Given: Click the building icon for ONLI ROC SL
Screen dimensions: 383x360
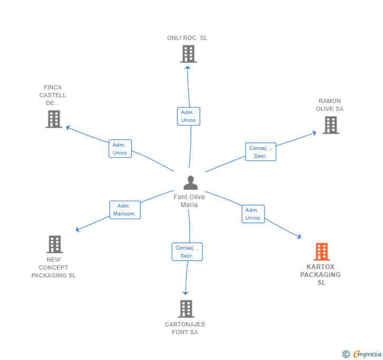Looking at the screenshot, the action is (188, 54).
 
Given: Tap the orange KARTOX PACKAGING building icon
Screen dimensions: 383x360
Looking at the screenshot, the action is (321, 252).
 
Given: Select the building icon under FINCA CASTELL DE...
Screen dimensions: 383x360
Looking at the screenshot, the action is (54, 119).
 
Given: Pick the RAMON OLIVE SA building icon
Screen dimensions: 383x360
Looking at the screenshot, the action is (331, 125).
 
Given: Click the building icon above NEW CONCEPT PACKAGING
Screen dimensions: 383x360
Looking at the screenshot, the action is (55, 244).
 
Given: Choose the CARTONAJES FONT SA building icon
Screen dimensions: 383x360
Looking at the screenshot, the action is (186, 308).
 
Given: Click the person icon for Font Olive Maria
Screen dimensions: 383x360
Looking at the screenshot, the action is (190, 182).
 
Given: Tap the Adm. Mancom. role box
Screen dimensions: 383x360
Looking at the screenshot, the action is (125, 210).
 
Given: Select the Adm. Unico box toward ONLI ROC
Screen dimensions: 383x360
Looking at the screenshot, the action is (188, 117).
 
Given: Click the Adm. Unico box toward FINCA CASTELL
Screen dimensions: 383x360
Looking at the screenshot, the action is (120, 149).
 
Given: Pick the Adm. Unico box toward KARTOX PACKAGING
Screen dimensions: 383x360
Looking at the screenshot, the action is (253, 214).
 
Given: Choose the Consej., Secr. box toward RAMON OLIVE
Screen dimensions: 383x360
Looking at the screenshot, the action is (260, 152).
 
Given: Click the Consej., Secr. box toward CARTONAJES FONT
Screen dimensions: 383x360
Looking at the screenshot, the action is (187, 252).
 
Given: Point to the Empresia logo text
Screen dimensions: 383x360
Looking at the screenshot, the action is (367, 354).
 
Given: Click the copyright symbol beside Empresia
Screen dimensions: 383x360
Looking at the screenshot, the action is (346, 354).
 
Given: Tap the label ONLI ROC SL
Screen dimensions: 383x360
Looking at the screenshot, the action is (187, 38).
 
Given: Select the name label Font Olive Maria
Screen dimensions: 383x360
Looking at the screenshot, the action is (189, 201).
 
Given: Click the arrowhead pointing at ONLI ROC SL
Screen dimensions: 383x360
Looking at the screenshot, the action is (187, 67).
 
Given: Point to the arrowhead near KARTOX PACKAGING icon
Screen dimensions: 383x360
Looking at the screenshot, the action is (299, 236).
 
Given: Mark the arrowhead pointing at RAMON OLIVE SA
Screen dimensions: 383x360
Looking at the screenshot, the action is (315, 133).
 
